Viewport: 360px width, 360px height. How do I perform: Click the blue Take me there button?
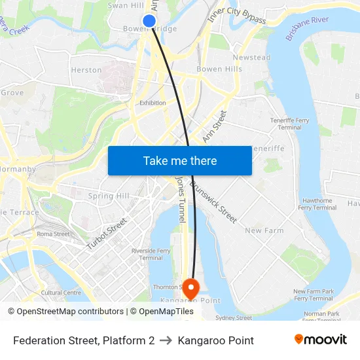pos(180,160)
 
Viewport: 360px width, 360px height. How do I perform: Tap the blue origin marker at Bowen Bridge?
pos(149,21)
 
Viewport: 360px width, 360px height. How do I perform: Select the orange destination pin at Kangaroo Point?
pos(190,286)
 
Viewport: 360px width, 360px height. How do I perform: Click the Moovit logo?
pos(320,340)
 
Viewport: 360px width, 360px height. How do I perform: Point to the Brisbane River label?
pos(307,29)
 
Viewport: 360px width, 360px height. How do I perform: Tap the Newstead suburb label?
pos(251,58)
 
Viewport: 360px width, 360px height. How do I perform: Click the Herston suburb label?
pos(86,69)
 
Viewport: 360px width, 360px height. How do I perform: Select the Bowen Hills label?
pos(219,69)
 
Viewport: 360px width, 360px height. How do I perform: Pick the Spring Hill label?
pos(109,196)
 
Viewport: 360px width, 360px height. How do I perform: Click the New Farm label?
pos(264,230)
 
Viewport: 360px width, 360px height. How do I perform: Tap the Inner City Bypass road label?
pos(236,18)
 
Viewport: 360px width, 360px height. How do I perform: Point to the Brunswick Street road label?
pos(213,202)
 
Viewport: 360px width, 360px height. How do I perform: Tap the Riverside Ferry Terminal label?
pos(151,254)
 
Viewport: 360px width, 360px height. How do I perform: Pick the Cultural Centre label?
pos(61,293)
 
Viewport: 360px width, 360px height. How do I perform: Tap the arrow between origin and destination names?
pos(166,340)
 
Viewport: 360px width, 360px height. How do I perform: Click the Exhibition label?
pos(153,103)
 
